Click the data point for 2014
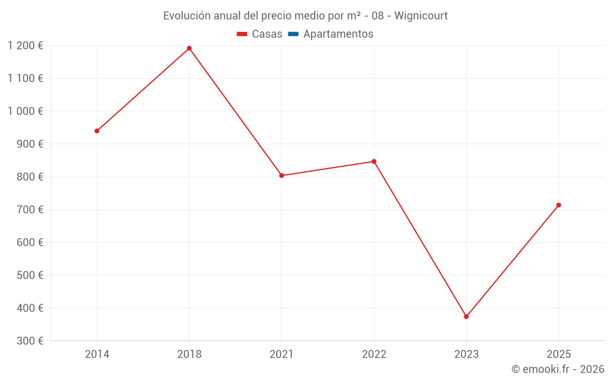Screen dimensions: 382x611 tap(97, 131)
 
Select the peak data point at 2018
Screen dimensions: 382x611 tap(189, 48)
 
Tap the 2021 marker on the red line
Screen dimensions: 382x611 tap(282, 175)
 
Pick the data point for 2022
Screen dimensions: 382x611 tap(374, 161)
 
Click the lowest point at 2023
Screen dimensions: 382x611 tap(466, 317)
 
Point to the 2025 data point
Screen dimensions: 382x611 tap(558, 205)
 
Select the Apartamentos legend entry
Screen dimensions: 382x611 tap(338, 34)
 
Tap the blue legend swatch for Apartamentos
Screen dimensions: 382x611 tap(293, 34)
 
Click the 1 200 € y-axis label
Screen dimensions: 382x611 tap(25, 46)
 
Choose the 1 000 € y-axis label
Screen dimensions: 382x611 tap(25, 111)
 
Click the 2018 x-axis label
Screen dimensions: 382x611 tap(189, 354)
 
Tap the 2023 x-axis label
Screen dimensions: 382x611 tap(466, 354)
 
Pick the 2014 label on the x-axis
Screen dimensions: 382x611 tap(97, 354)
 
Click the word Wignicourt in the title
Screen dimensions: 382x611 tap(421, 16)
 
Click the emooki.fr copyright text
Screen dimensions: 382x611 tap(558, 369)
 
